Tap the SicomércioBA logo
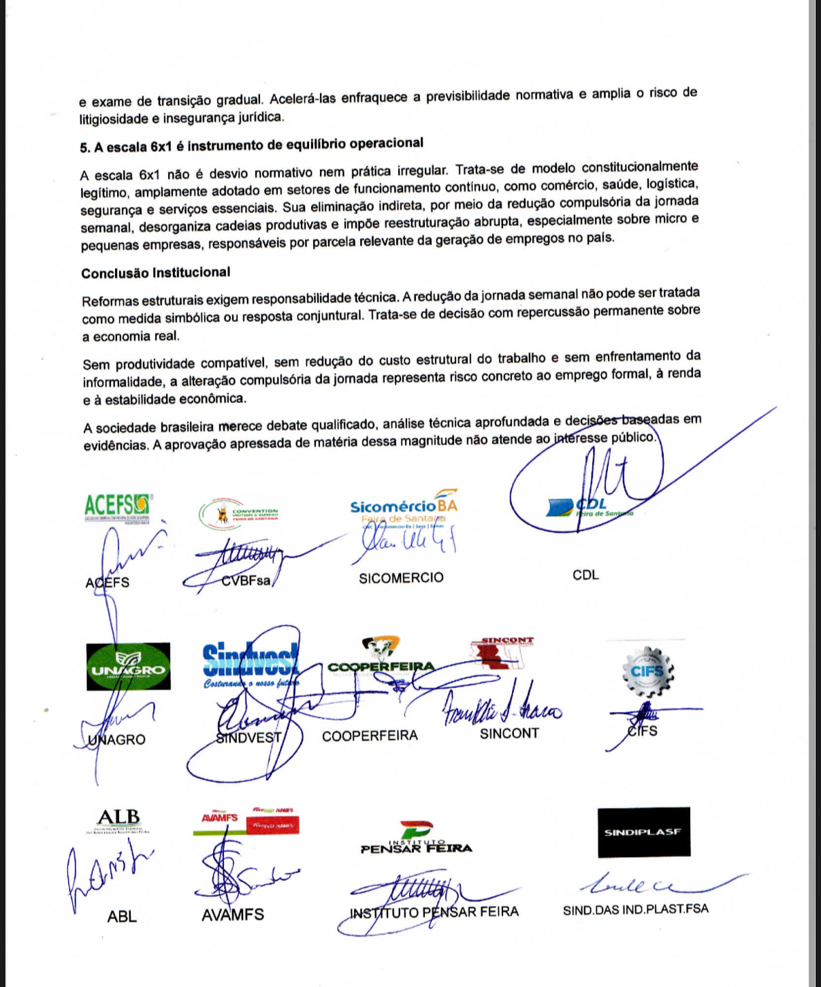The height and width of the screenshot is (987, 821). [403, 506]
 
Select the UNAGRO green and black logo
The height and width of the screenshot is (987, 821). [129, 666]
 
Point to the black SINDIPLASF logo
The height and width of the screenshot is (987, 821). [643, 832]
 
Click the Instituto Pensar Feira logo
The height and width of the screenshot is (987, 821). [416, 839]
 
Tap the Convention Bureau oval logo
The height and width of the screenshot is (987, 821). [238, 515]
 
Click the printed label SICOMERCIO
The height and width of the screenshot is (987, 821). [401, 578]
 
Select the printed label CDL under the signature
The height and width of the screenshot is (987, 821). [585, 575]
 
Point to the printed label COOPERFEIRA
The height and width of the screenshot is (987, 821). [370, 736]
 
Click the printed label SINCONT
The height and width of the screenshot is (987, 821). [509, 734]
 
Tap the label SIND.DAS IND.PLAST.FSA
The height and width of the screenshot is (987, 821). [635, 909]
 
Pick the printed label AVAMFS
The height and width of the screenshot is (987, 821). [232, 915]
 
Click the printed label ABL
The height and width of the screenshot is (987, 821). [122, 917]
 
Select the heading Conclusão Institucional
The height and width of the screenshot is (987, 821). [156, 273]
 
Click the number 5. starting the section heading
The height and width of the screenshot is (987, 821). [85, 148]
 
